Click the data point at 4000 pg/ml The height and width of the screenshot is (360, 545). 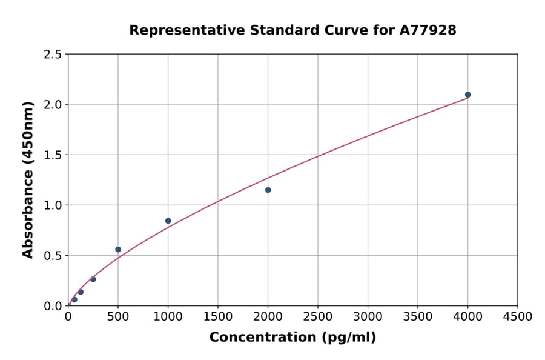coord(467,95)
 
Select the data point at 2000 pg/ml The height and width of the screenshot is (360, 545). coord(268,190)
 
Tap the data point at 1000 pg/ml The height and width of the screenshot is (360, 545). coord(168,221)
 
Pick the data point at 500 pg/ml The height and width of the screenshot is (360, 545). coord(118,249)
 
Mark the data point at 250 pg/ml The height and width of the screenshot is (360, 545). coord(93,279)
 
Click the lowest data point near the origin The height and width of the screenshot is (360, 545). coord(74,299)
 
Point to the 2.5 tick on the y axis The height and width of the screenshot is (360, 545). coord(53,55)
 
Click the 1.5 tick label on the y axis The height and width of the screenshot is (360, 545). coord(53,155)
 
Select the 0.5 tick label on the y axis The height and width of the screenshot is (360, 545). coord(53,256)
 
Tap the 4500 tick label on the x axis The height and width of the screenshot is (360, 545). coord(517,317)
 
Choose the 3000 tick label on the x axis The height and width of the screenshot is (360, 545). coord(368,317)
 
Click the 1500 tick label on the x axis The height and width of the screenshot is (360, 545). coord(218,317)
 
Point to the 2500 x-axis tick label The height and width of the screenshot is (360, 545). coord(317,317)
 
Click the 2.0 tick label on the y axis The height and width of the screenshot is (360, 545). coord(53,105)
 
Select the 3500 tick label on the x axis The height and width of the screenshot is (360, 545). coord(417,317)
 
